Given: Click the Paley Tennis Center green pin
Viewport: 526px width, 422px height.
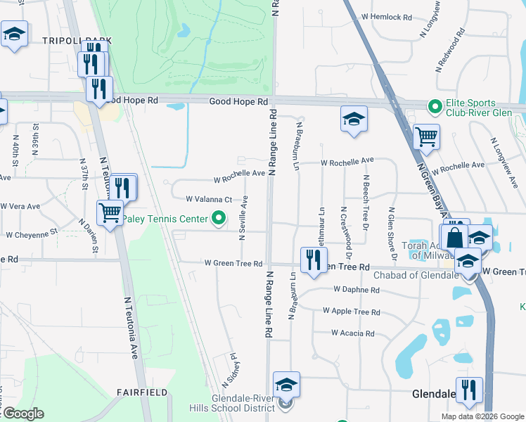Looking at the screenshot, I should click(x=219, y=219).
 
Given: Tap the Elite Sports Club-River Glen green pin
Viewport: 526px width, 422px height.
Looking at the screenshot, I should click(x=435, y=108).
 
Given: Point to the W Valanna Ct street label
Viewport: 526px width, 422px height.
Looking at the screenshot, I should click(x=208, y=199).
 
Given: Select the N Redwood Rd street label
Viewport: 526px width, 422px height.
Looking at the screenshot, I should click(x=451, y=49).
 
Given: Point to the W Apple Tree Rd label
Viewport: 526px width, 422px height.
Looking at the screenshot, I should click(x=351, y=311).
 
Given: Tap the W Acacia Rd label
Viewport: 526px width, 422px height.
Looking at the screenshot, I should click(x=353, y=333).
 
